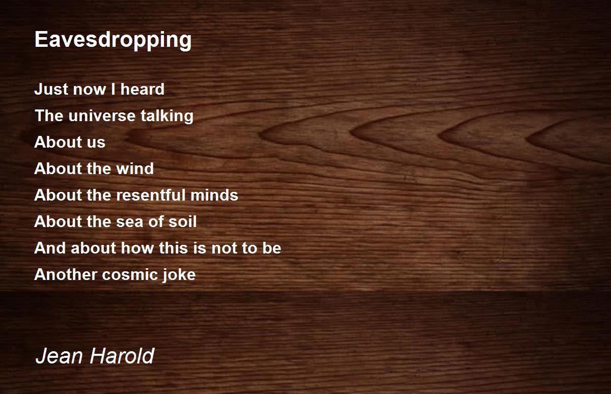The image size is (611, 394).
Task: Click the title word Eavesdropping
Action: point(113,40)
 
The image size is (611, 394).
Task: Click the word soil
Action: point(183,221)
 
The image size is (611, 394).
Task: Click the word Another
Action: point(66,274)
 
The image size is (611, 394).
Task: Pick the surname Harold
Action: point(122,356)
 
